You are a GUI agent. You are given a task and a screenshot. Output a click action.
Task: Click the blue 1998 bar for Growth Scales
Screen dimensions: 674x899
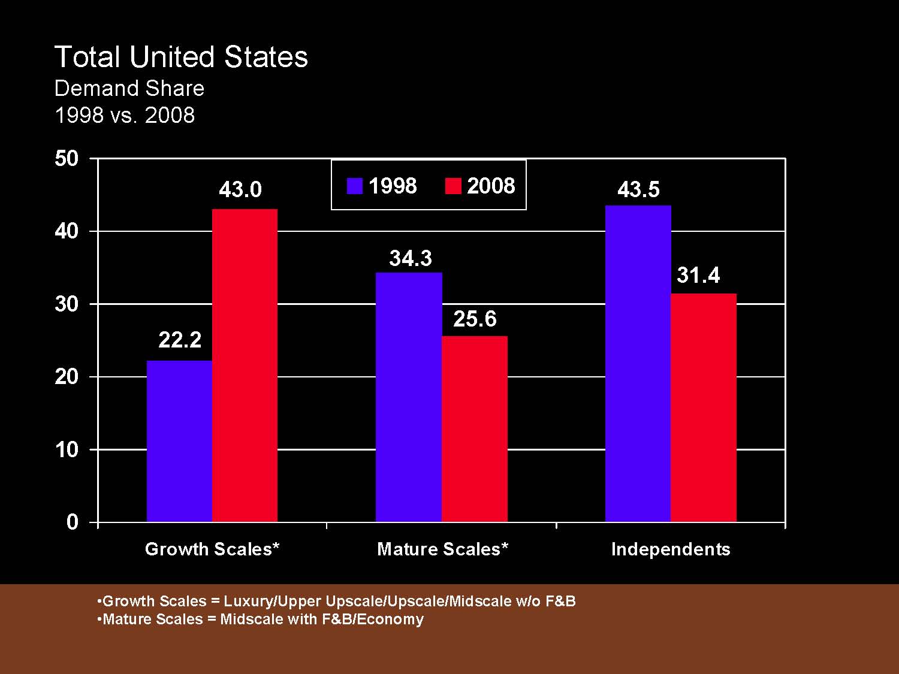[179, 441]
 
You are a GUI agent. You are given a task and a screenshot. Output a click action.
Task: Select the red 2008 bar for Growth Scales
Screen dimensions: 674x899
[245, 365]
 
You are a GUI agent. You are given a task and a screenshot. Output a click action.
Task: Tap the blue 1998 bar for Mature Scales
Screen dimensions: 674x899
[409, 397]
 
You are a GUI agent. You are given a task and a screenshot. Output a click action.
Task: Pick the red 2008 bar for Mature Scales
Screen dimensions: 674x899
[475, 429]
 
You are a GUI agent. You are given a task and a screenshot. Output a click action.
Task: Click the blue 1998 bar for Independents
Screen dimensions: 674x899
[638, 364]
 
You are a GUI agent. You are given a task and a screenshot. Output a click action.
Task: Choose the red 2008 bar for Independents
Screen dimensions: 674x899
[704, 407]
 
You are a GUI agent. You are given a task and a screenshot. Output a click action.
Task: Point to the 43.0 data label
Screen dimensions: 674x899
[240, 190]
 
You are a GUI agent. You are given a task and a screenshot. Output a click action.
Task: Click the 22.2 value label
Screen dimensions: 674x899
[180, 340]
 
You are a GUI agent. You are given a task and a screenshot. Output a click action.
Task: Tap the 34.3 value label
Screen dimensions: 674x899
[411, 258]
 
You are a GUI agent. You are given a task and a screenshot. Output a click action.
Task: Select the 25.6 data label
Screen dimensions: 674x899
[475, 319]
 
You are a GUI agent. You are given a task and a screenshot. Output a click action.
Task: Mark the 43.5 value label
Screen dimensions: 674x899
[638, 190]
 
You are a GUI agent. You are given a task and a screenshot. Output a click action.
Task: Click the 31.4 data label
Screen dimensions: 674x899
[698, 276]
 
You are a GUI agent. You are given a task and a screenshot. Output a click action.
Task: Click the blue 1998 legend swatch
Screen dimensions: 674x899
[355, 186]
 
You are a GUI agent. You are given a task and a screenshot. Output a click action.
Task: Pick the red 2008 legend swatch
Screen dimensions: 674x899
[453, 186]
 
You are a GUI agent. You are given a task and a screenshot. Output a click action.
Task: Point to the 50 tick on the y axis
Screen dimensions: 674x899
[67, 159]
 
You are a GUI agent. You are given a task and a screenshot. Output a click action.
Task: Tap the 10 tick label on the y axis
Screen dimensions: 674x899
[67, 450]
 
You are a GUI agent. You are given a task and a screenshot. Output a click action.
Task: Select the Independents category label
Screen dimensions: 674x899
[671, 549]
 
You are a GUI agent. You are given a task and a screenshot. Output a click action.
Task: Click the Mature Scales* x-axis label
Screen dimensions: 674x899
[442, 549]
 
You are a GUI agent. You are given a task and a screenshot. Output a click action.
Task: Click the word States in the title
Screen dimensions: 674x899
[266, 58]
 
